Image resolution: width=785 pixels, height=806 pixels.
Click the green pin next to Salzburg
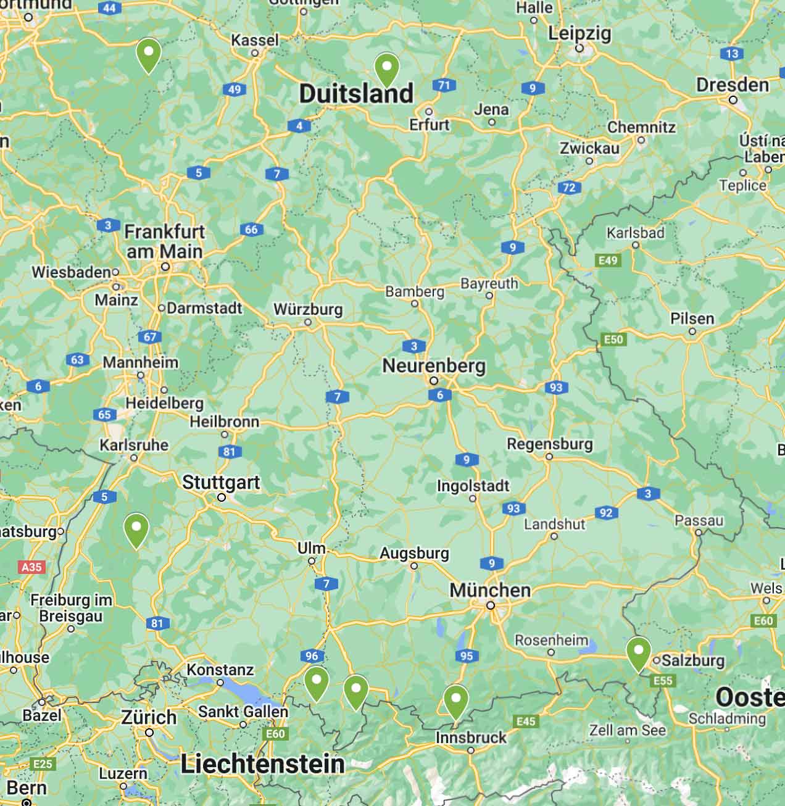638,653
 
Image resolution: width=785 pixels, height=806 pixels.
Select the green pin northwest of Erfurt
387,69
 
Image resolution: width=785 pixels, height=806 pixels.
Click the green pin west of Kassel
149,54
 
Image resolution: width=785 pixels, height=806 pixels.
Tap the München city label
490,590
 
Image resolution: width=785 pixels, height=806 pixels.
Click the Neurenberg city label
434,365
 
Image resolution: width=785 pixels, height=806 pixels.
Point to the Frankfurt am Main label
164,241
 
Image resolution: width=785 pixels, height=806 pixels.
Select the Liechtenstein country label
262,764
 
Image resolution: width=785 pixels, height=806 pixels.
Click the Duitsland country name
356,94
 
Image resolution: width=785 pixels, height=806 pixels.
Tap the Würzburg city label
308,309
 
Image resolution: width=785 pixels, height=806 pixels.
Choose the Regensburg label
549,444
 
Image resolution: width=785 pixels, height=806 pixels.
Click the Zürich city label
149,717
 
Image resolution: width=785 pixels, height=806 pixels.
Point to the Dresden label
733,85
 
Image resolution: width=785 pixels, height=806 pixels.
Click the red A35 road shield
31,567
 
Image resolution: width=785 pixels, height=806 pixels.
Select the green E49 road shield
608,260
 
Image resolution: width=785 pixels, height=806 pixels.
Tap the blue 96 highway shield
312,656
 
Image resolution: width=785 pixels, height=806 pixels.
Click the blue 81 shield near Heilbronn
230,452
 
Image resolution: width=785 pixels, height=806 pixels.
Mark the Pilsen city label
692,318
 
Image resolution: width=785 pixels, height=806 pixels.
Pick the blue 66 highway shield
251,230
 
